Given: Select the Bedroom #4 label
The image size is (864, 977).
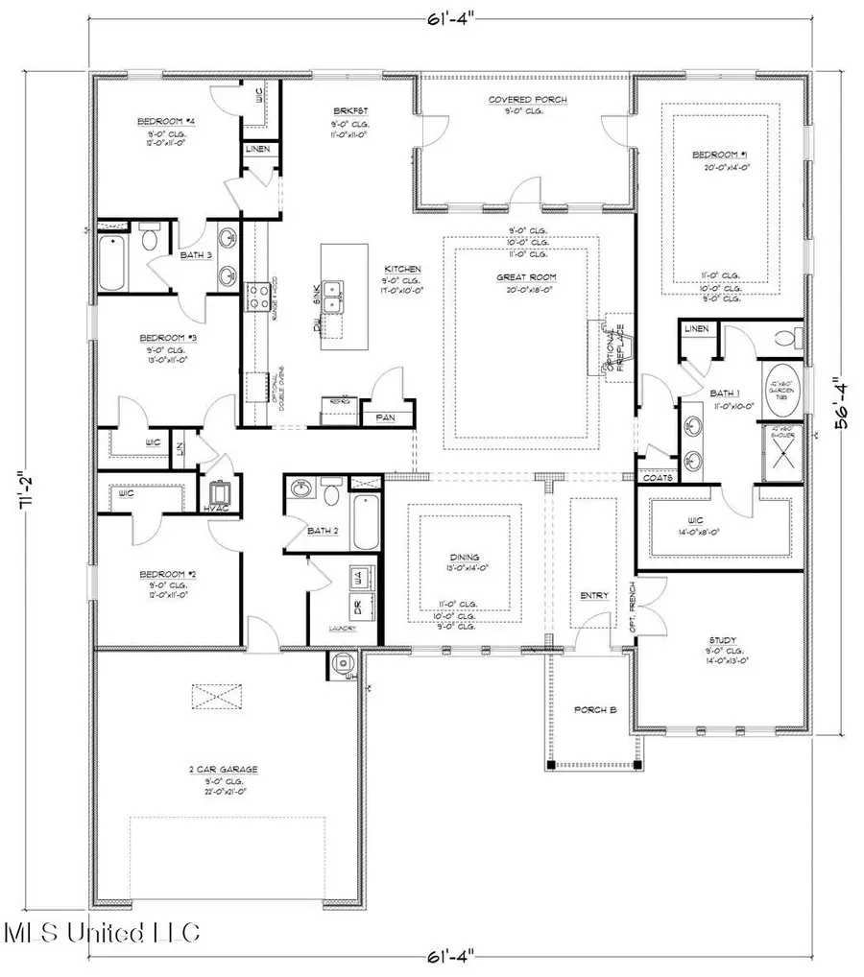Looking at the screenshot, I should pos(158,120).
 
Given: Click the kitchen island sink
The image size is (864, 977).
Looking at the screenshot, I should pos(333,296).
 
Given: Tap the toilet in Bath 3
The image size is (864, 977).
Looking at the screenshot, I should pos(151,239).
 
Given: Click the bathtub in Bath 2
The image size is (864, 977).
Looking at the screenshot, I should pos(365,518).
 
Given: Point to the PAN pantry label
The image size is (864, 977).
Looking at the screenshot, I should pos(385,417).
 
